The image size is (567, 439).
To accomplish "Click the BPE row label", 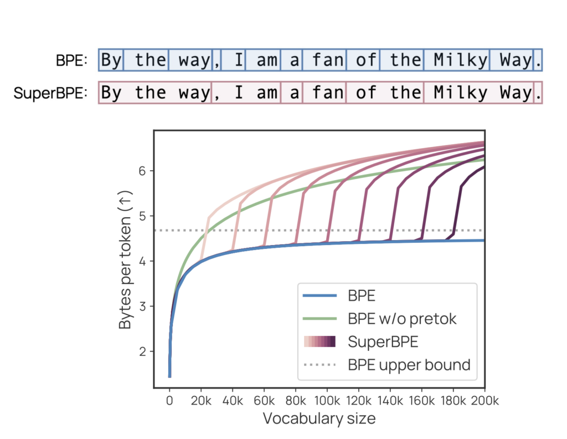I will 71,60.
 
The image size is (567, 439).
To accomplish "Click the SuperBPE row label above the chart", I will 51,93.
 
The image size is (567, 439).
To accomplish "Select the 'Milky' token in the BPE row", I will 457,60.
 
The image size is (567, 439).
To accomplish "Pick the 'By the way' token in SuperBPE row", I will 156,93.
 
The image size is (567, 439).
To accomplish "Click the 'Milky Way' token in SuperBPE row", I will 478,93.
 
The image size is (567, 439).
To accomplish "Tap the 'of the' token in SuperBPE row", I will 384,93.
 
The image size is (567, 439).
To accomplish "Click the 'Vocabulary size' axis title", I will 319,418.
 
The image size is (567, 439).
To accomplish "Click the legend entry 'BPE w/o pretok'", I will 403,319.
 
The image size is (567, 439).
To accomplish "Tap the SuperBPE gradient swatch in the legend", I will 320,342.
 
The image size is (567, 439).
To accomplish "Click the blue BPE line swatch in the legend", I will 320,296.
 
